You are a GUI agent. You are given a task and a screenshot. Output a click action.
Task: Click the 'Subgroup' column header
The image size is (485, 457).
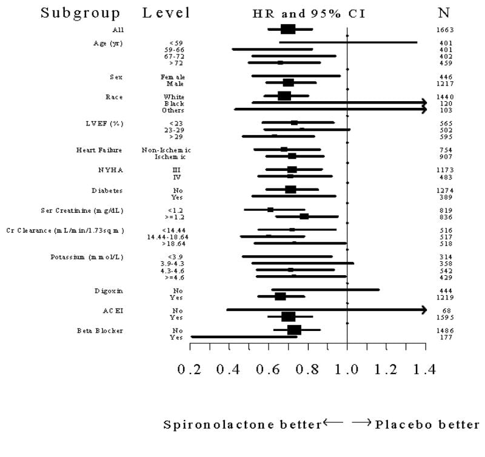point(81,13)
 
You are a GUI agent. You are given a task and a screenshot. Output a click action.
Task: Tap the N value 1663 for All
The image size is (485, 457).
point(446,29)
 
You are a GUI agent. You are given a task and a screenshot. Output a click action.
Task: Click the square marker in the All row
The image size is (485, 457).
point(288,29)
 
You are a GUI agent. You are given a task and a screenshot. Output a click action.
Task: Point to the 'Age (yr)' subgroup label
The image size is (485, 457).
point(109,42)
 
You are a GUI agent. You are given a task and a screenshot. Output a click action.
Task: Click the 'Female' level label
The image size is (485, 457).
point(173,77)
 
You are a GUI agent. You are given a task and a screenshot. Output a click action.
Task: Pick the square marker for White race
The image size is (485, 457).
point(284,96)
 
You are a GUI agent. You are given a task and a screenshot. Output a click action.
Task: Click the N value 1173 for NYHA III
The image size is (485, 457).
point(446,170)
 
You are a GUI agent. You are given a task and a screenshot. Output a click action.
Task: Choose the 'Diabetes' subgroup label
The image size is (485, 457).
point(107,190)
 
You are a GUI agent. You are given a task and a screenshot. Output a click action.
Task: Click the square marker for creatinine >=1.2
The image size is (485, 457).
point(304,216)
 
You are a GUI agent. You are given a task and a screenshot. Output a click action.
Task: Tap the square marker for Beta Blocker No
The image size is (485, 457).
point(294,330)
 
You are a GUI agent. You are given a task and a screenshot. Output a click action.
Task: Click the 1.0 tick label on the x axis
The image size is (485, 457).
point(347,369)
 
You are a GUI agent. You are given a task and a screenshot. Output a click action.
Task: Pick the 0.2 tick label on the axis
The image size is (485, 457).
point(190,369)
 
